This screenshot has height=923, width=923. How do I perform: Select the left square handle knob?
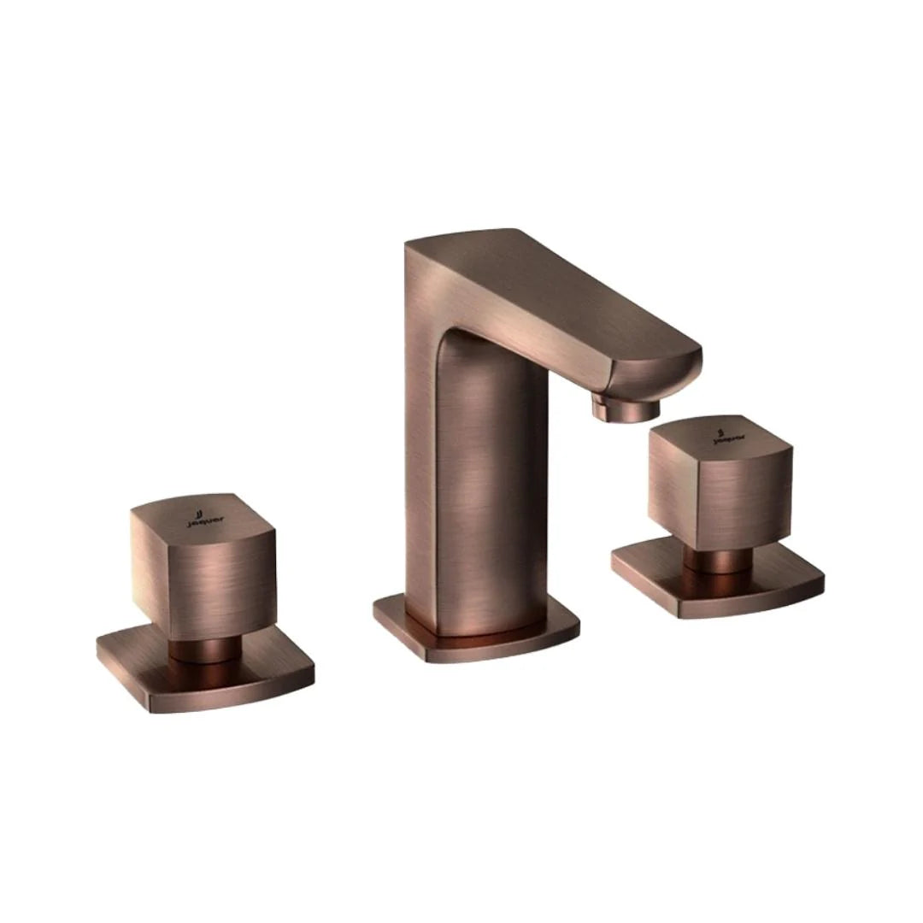(203, 568)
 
